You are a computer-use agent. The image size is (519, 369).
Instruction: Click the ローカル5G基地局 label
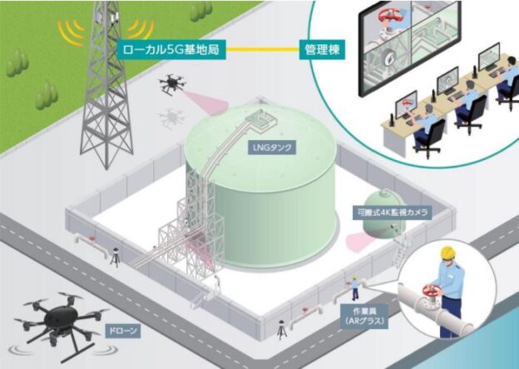[x=171, y=49]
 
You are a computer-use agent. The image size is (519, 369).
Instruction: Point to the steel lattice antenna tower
[x=107, y=92]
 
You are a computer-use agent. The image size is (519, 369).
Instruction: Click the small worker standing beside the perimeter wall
[x=356, y=287]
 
